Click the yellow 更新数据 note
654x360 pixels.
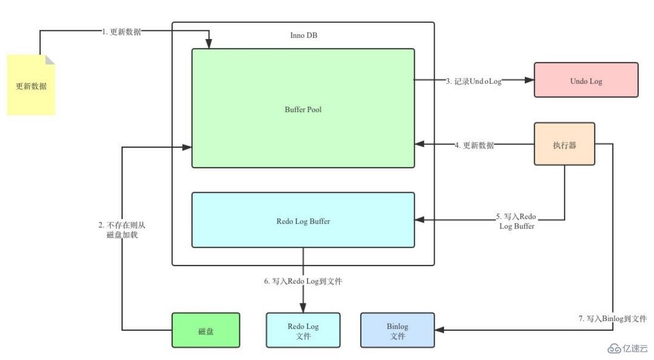coord(31,85)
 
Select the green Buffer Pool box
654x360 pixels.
coord(303,109)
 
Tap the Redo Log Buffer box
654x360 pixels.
coord(303,220)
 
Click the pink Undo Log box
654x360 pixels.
coord(586,80)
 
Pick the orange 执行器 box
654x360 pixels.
coord(564,144)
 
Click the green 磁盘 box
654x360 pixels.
coord(206,330)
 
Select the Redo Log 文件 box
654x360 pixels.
coord(303,330)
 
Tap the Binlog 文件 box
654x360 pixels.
coord(397,330)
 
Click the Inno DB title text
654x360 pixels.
coord(304,35)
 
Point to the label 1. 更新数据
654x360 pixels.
coord(122,31)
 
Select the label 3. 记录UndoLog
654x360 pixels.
coord(473,81)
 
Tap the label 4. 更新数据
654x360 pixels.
coord(474,145)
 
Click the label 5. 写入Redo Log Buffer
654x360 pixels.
coord(517,221)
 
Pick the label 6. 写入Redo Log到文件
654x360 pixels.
coord(303,281)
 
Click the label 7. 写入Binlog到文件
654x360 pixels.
coord(612,319)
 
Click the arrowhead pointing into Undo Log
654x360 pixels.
coord(529,80)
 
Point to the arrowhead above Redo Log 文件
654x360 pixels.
coord(303,308)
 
